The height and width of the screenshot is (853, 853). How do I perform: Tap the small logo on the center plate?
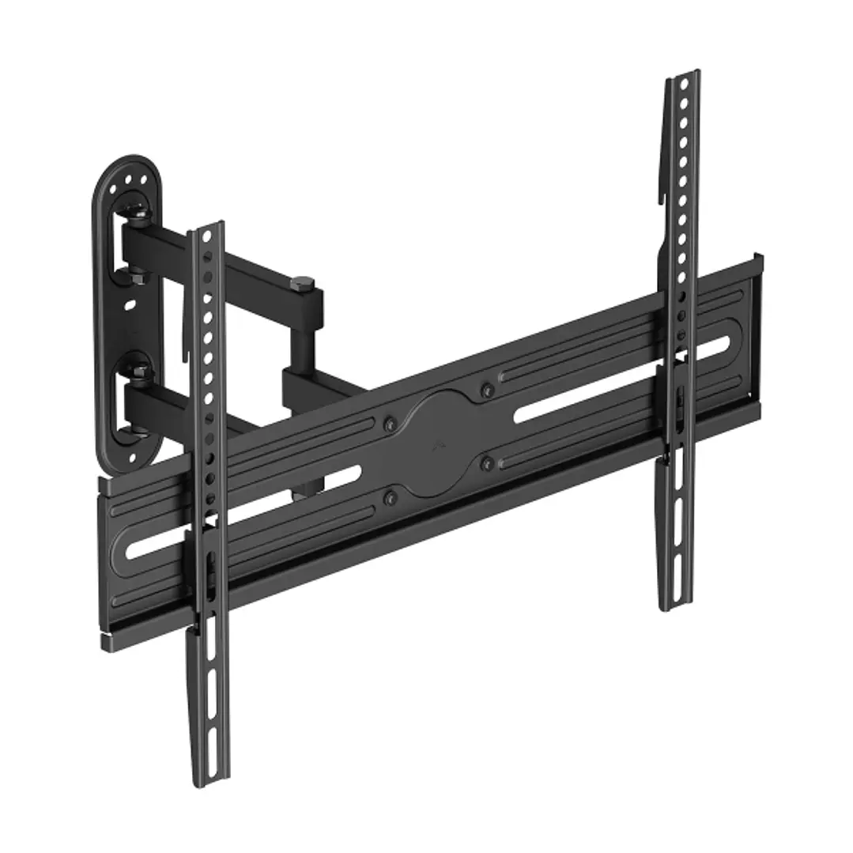438,447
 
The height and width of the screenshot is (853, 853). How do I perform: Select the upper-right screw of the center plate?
487,389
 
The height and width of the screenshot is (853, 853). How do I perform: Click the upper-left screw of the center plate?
388,425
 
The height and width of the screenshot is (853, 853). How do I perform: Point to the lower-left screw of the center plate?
389,498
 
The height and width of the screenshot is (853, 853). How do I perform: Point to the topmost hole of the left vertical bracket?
206,237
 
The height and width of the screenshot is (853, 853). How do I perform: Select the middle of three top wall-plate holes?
127,181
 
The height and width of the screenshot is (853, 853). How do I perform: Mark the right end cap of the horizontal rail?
757,332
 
